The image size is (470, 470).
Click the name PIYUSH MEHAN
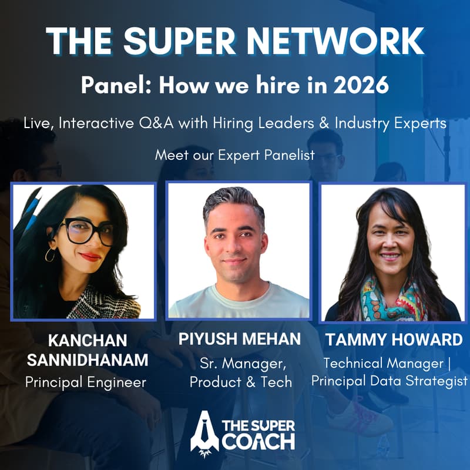point(240,339)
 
